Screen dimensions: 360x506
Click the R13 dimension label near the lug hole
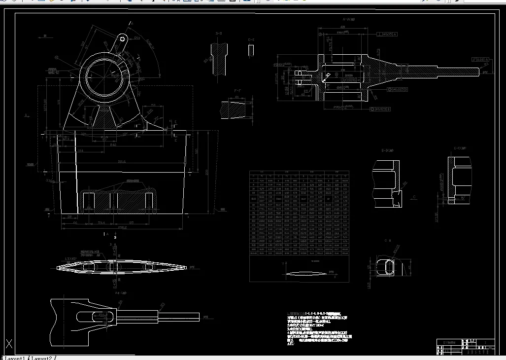click(137, 38)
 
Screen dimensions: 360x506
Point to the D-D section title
click(218, 34)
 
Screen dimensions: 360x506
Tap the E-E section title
click(251, 40)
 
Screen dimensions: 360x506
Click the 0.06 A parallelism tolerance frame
click(480, 59)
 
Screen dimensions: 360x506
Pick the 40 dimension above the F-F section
click(236, 98)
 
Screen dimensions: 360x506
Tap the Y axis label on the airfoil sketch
click(282, 263)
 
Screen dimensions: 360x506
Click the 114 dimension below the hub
click(81, 150)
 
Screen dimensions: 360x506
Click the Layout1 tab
click(15, 358)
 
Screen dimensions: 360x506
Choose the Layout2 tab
click(41, 358)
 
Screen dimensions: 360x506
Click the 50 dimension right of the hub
click(153, 105)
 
